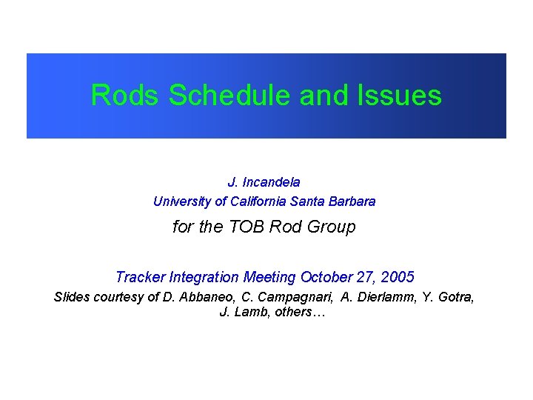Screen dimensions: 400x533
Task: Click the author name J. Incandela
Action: click(x=264, y=181)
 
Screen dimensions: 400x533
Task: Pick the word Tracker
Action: click(x=141, y=278)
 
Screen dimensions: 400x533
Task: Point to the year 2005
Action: click(x=398, y=278)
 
